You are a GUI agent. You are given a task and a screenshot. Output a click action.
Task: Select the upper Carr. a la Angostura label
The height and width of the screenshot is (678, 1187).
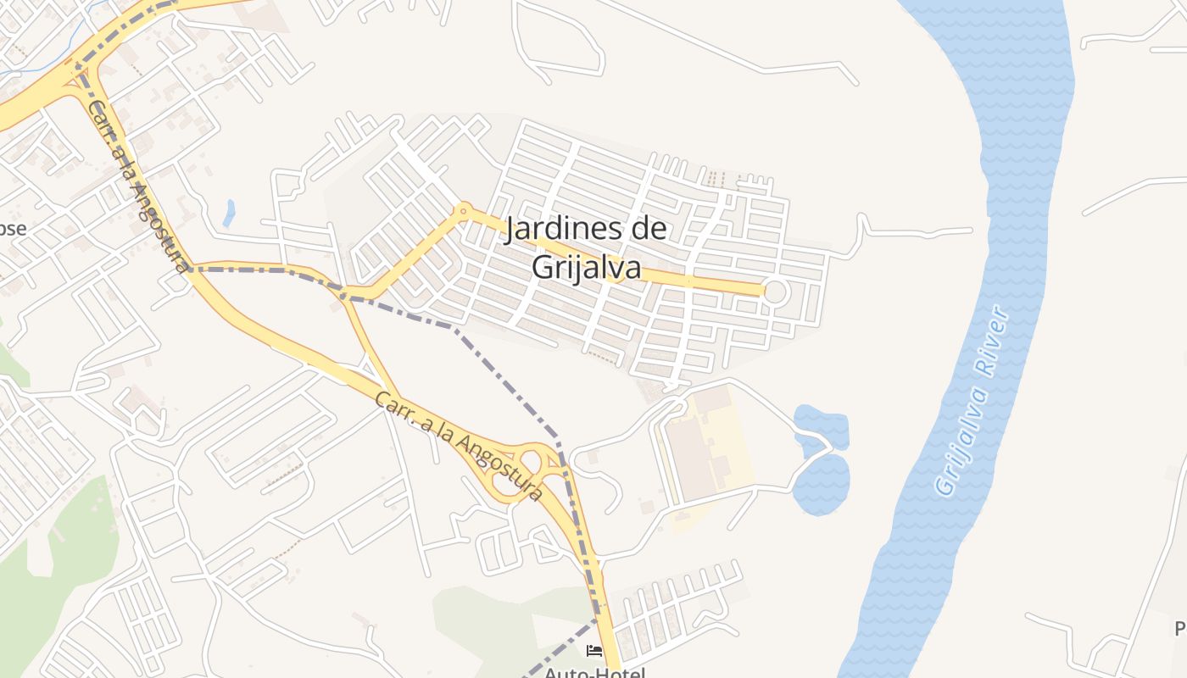pos(138,187)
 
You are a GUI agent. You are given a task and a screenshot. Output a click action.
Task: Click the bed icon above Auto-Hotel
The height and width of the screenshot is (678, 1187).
pos(594,651)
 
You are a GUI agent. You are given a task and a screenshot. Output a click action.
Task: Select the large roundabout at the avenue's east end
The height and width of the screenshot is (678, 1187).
pos(775,292)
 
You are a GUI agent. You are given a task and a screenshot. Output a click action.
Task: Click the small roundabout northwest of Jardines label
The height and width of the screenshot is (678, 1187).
pos(463,209)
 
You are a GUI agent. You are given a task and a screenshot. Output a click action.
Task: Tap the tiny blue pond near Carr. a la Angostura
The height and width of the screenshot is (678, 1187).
pos(229,213)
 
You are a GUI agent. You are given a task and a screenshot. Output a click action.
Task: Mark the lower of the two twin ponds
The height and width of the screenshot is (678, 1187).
pos(821,484)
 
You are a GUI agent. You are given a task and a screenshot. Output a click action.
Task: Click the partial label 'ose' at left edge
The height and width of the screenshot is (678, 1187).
pos(13,229)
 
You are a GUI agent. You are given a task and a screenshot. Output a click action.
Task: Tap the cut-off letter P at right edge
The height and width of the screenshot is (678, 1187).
pos(1179,628)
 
